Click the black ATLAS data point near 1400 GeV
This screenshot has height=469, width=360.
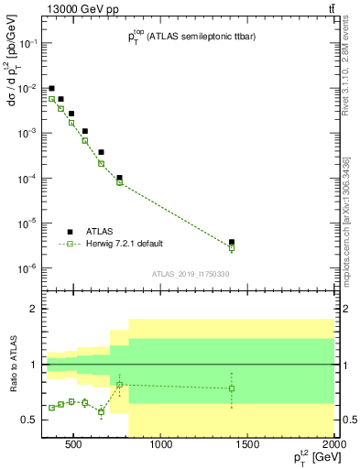click(x=232, y=242)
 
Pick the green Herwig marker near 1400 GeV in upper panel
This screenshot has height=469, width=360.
click(x=232, y=248)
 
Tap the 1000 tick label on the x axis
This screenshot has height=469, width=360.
click(x=161, y=445)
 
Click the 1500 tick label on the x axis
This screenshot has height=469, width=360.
click(x=248, y=445)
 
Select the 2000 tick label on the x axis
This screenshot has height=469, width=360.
click(x=333, y=445)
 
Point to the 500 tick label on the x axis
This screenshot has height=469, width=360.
click(x=74, y=445)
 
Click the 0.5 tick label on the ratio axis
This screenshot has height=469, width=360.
click(x=27, y=420)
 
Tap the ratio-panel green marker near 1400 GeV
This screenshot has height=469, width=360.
click(x=232, y=388)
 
